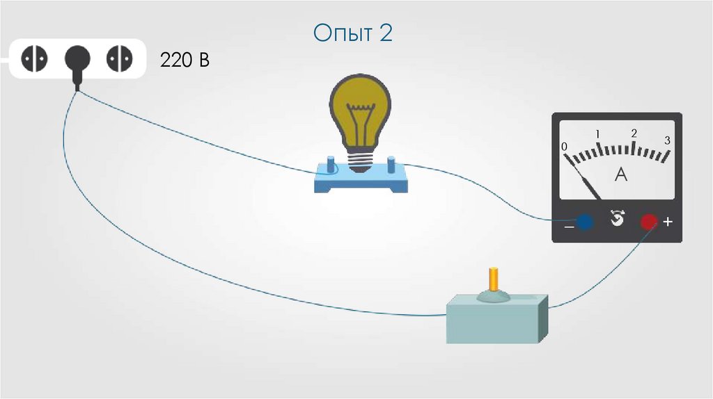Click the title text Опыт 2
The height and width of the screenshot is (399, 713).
(352, 33)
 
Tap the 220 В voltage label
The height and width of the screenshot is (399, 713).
(185, 60)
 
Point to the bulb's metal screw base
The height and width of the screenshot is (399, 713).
(359, 161)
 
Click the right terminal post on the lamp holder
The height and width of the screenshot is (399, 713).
(391, 167)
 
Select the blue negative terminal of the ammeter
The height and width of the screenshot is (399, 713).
(584, 222)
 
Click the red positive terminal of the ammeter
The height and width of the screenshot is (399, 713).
(648, 222)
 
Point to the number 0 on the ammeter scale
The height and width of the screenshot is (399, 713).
(565, 146)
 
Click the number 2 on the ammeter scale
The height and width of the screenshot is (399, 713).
(634, 133)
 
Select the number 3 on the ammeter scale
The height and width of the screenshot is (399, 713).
(667, 140)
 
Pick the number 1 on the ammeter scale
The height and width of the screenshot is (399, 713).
(597, 133)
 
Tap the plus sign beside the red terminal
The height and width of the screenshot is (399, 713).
(668, 222)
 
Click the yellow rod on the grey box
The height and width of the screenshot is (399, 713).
(493, 279)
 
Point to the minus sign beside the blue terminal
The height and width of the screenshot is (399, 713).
(568, 225)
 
